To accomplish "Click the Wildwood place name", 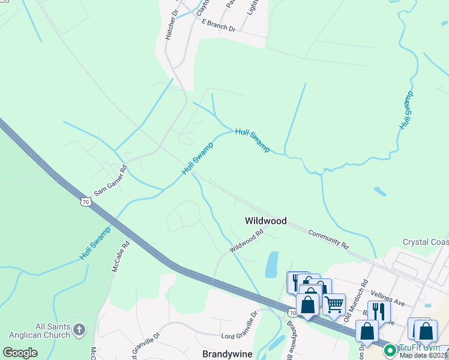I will tap(265, 221).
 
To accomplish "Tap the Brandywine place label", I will tap(227, 354).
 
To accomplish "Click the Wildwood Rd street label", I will tap(246, 241).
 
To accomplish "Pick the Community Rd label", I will tap(328, 238).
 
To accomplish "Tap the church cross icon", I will tap(79, 329).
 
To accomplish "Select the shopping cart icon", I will tap(334, 303).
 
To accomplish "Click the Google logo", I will tap(20, 353).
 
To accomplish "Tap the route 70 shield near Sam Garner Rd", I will tap(86, 203).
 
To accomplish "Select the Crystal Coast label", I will tap(425, 242).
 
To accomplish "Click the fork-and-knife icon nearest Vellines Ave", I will tap(379, 311).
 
